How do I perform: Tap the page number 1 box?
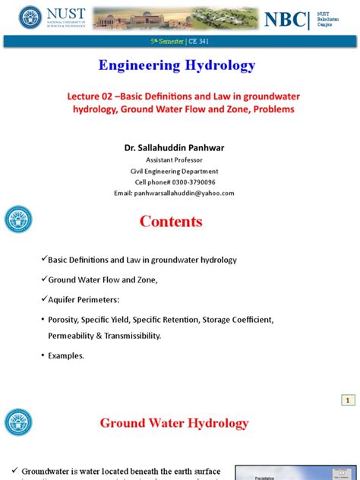(346, 399)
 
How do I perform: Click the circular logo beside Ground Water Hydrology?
(18, 422)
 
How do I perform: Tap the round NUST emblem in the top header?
(31, 17)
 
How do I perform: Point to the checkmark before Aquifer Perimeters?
(43, 299)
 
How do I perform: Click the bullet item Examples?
(68, 355)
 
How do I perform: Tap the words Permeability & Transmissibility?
(104, 336)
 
